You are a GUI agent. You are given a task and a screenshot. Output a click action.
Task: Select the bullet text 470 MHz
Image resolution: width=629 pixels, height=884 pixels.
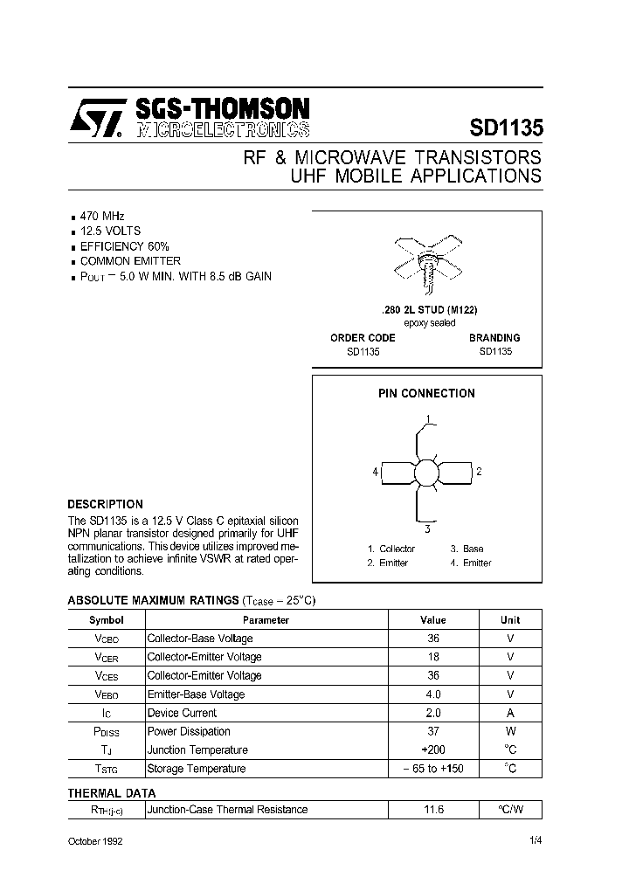[102, 215]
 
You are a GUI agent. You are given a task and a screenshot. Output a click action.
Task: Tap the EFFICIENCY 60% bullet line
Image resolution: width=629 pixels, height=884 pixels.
[124, 245]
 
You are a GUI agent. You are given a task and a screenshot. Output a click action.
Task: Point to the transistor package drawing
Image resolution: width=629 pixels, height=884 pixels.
[427, 258]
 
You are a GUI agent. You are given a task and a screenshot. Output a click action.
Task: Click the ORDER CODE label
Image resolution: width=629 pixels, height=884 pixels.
[363, 337]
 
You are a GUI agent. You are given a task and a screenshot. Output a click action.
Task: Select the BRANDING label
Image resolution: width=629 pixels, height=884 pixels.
[494, 337]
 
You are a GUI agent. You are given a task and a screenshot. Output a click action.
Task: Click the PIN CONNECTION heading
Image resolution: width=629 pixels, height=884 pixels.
[426, 393]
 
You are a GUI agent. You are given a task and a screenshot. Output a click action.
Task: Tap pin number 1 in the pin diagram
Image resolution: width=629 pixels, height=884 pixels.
[428, 418]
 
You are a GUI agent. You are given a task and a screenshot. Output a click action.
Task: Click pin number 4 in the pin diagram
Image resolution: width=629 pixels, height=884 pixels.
[375, 472]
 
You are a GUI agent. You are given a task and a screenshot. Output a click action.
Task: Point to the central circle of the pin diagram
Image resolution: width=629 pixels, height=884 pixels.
[427, 473]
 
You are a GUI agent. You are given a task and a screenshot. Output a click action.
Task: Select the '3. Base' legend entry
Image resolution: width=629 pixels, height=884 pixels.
[467, 549]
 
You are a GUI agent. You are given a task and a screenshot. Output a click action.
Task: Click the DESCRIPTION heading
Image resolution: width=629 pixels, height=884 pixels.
[105, 504]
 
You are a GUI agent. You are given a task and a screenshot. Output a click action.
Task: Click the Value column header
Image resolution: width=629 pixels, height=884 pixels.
[432, 620]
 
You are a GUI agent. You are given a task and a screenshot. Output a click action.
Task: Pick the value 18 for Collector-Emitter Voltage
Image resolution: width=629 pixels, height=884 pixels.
[433, 657]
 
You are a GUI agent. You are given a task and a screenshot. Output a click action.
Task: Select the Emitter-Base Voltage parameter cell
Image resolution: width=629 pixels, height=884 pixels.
[196, 694]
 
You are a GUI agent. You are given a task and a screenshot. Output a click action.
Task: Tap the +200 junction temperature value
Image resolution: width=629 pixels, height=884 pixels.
[433, 750]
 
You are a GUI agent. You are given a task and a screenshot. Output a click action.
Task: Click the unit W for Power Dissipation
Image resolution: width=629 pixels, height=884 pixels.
[510, 731]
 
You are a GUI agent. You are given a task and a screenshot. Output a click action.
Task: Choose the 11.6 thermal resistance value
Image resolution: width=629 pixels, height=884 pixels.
[433, 810]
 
